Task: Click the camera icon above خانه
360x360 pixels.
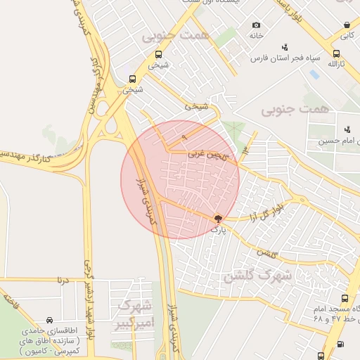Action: click(x=256, y=25)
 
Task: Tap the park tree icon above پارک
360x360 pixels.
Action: click(x=218, y=219)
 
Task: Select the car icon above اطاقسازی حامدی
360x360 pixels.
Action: click(x=49, y=319)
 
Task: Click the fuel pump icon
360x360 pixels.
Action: click(x=340, y=344)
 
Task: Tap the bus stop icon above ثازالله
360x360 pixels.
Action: click(x=336, y=53)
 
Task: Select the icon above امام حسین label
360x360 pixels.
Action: click(x=347, y=129)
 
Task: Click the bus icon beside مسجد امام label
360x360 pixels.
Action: click(x=344, y=298)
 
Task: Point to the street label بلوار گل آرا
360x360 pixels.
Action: click(x=269, y=210)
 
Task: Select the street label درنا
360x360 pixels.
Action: click(x=63, y=279)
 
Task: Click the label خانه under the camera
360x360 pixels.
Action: click(x=256, y=34)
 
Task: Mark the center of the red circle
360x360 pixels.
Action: click(x=180, y=179)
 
